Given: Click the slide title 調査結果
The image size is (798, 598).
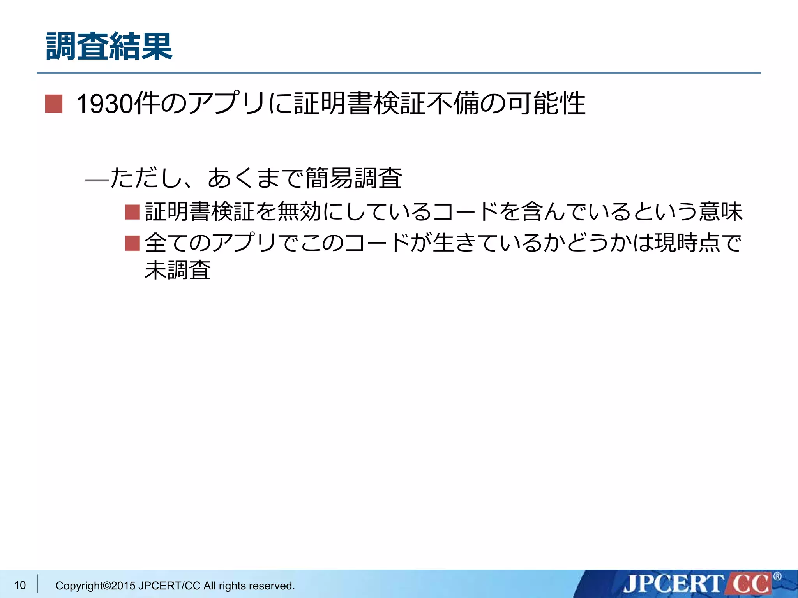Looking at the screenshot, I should click(x=109, y=47).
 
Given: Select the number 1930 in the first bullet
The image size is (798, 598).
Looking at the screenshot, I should click(x=104, y=104).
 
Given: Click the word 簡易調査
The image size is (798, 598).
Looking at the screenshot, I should click(x=353, y=178).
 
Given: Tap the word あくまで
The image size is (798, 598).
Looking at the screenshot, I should click(x=255, y=178).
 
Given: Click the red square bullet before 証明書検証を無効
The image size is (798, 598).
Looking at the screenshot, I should click(x=132, y=213).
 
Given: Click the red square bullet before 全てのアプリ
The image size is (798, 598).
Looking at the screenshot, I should click(x=132, y=243).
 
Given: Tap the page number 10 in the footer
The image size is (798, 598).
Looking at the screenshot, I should click(x=20, y=585).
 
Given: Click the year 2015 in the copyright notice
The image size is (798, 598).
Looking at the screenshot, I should click(x=123, y=586).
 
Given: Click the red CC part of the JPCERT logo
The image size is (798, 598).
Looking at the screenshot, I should click(x=750, y=584).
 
